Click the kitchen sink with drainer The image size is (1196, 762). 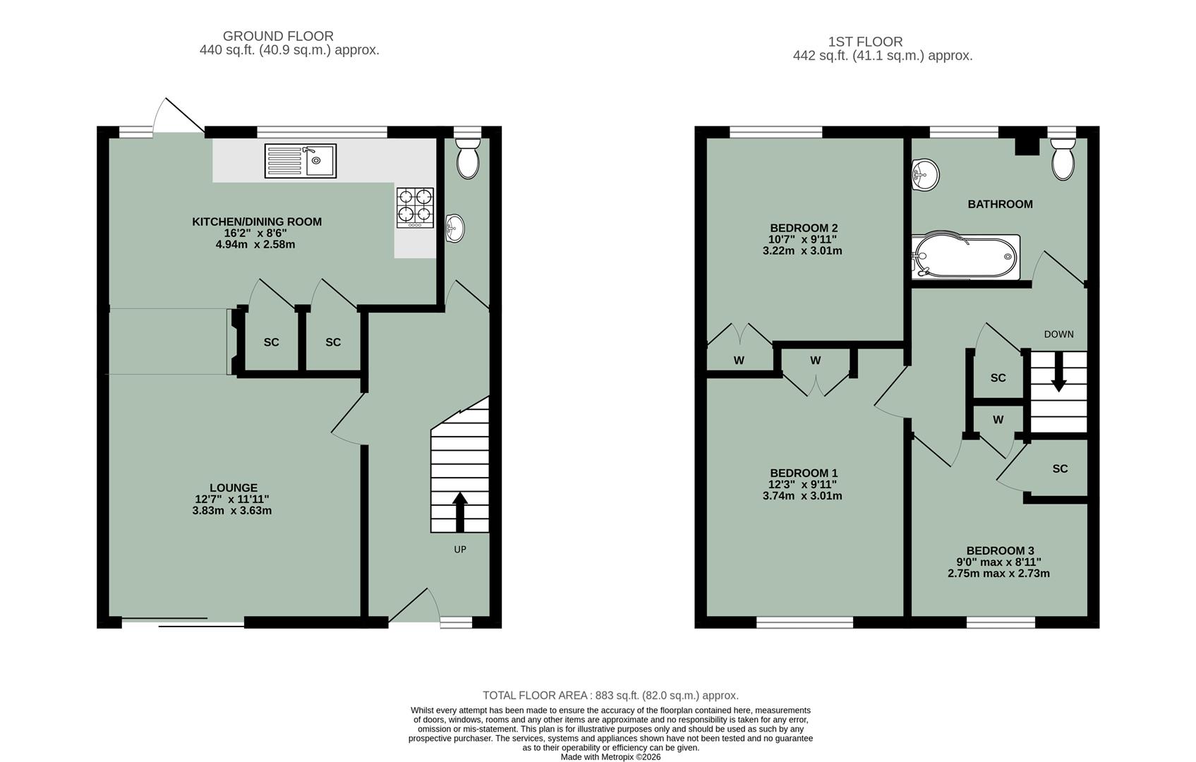pyautogui.click(x=301, y=160)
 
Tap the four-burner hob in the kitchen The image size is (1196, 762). pyautogui.click(x=414, y=206)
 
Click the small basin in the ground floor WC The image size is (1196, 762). pyautogui.click(x=456, y=228)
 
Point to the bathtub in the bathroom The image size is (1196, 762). pyautogui.click(x=965, y=257)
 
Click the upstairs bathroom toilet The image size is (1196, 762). pyautogui.click(x=1063, y=159)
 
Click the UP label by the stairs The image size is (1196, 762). pyautogui.click(x=460, y=550)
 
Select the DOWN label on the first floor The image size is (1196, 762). pyautogui.click(x=1058, y=334)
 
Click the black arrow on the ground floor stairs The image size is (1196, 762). pyautogui.click(x=460, y=511)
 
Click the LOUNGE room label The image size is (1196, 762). pyautogui.click(x=234, y=488)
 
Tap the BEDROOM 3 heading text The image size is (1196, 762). pyautogui.click(x=1000, y=551)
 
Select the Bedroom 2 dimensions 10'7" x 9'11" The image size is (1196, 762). pyautogui.click(x=803, y=239)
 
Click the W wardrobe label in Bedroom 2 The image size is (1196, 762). pyautogui.click(x=739, y=361)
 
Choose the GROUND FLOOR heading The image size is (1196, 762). pyautogui.click(x=278, y=36)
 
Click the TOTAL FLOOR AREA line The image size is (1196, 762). pyautogui.click(x=610, y=695)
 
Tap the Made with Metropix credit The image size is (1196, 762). pyautogui.click(x=610, y=757)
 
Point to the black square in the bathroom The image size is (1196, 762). pyautogui.click(x=1027, y=146)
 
